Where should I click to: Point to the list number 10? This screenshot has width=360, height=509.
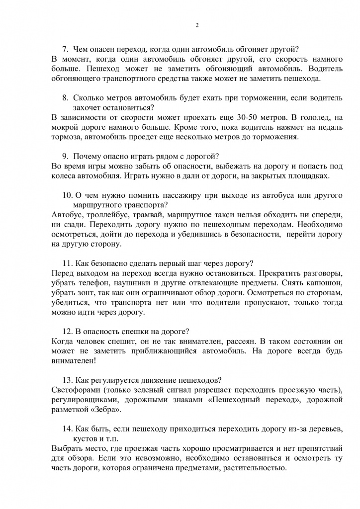67,195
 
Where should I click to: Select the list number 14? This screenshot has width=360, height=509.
67,429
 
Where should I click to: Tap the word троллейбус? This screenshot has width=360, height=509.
106,215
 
